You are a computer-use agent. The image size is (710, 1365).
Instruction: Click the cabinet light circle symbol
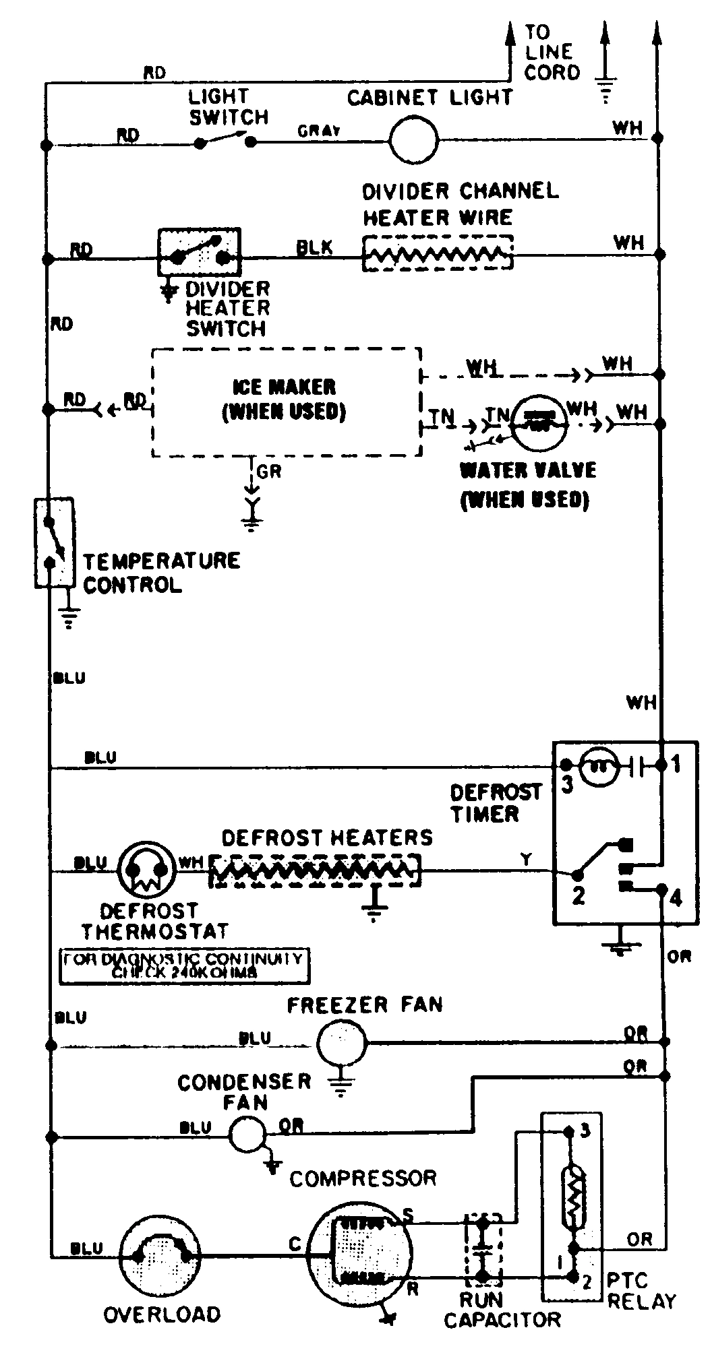click(414, 140)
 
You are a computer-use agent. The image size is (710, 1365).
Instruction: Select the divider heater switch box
click(199, 252)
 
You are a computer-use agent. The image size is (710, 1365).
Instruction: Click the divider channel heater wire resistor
click(437, 253)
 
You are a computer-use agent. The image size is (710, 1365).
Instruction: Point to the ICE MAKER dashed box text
click(284, 399)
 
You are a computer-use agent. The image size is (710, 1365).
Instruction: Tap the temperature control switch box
click(53, 542)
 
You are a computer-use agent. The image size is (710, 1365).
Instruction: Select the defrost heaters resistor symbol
click(315, 872)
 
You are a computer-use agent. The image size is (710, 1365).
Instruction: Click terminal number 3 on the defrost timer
click(568, 784)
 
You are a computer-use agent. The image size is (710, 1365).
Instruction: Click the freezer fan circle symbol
click(341, 1043)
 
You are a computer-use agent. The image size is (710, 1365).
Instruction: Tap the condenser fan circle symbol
click(247, 1135)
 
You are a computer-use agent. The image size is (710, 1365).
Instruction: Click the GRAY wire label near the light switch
click(319, 131)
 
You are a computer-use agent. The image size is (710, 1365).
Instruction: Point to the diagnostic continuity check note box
click(184, 966)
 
